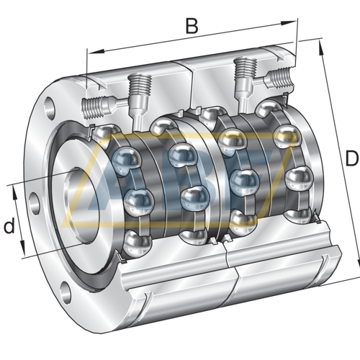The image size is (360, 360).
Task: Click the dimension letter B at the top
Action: (x=191, y=27)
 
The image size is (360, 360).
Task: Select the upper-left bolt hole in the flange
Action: (x=49, y=107)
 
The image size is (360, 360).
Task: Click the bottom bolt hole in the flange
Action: (x=66, y=291)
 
